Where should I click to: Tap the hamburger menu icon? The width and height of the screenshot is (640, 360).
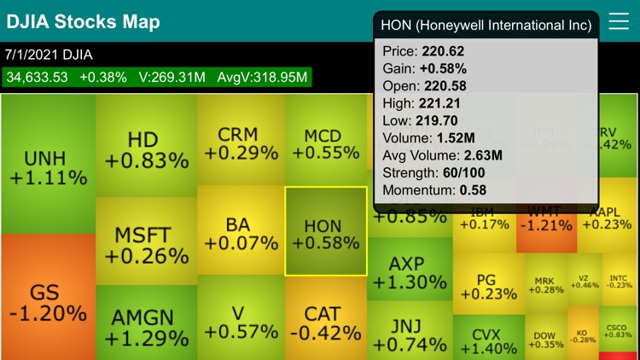tap(619, 22)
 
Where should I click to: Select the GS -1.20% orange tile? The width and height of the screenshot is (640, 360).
tap(48, 299)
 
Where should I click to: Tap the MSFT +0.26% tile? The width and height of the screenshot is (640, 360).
tap(147, 243)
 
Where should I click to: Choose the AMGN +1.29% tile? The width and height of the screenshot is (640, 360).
tap(147, 326)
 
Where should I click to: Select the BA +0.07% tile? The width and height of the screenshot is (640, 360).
tap(241, 234)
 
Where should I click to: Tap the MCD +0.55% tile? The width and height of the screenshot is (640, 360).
tap(325, 143)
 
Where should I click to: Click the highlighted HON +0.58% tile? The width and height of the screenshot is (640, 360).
tap(325, 232)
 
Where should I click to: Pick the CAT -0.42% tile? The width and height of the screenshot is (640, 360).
tap(325, 322)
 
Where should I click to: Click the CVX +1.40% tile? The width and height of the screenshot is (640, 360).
tap(486, 340)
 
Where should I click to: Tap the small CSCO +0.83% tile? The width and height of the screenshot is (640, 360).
tap(617, 332)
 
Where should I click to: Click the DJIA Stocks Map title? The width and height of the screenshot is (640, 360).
tap(82, 22)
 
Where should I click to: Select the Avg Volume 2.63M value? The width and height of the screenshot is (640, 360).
tap(482, 155)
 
